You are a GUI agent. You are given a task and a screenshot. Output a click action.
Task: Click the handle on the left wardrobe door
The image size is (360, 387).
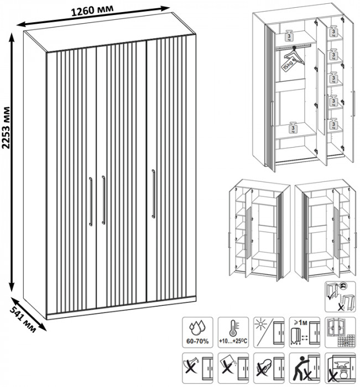[90, 202]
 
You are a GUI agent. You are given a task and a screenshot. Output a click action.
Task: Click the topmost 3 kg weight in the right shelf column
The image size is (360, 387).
[335, 31]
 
